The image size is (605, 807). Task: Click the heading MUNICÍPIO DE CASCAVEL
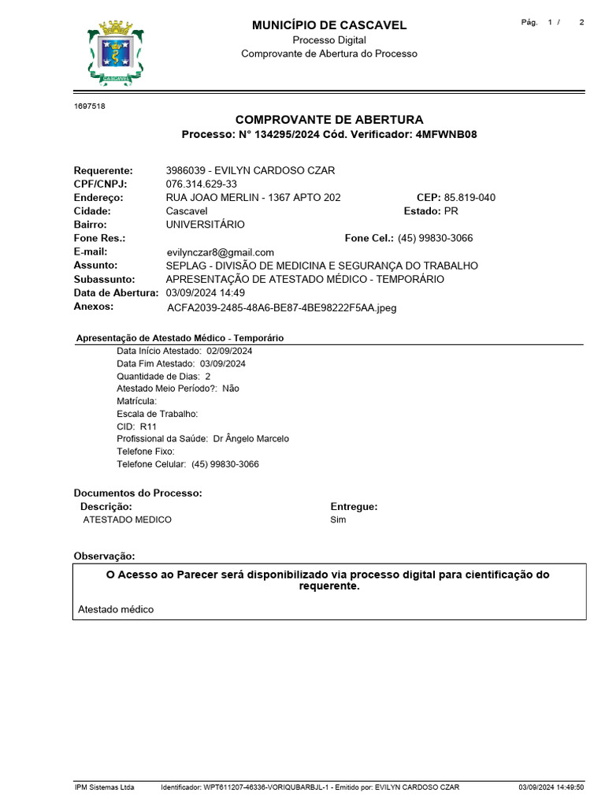coord(329,25)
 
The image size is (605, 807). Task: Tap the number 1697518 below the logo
coord(89,106)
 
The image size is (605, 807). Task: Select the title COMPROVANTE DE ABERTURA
coord(329,120)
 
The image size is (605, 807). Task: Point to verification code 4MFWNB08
coord(446,135)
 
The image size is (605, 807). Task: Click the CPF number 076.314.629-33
coord(201,184)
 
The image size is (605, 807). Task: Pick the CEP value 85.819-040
coord(470,198)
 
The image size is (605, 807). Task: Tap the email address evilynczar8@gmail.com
coord(221,252)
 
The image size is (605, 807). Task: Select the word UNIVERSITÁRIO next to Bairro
coord(205,225)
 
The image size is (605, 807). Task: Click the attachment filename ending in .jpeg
coord(282,308)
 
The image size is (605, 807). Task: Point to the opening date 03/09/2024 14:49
coord(206,292)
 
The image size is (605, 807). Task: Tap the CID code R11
coord(148,426)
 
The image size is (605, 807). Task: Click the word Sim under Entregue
coord(338,520)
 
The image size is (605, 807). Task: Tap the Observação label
coord(104,556)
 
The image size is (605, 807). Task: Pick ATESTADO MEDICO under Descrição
coord(127,520)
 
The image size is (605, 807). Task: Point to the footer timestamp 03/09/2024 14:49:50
coord(551,787)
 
